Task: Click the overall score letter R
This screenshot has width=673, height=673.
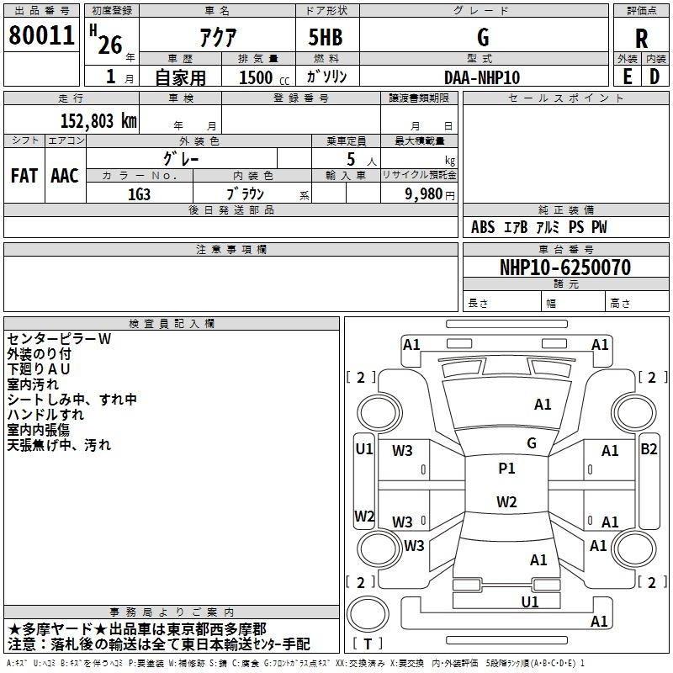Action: coord(641,39)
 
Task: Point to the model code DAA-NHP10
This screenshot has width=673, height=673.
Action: coord(482,77)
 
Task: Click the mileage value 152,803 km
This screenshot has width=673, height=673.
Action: coord(98,120)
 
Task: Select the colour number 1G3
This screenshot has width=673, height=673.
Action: coord(140,193)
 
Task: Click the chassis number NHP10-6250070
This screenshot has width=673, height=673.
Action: coord(564,268)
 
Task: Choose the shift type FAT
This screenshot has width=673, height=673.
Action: coord(24,176)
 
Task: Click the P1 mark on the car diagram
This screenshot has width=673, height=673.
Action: coord(506,469)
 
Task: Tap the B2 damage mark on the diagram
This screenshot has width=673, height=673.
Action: coord(649,449)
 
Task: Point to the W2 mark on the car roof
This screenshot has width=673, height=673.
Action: coord(506,502)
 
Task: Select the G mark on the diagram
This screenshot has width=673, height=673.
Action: coord(531,443)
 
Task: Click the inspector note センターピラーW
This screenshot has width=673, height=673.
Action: coord(59,339)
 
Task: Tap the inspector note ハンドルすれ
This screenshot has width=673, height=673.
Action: coord(45,415)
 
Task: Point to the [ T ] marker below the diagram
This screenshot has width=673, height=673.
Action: coord(368,644)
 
